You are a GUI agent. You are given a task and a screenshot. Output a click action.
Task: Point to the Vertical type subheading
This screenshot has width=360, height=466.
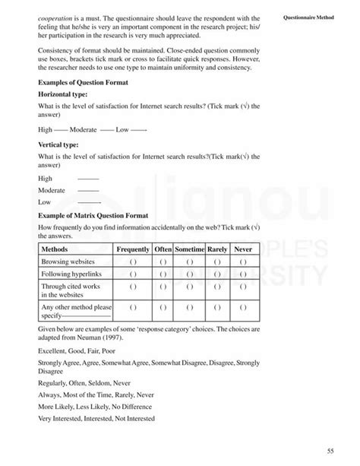coord(59,143)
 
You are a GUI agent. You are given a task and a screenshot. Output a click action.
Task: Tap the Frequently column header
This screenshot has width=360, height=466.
coord(132,249)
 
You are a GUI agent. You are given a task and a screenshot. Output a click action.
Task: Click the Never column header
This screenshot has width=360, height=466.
coord(243,249)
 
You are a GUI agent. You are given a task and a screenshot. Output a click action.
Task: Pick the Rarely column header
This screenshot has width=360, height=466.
coord(217,249)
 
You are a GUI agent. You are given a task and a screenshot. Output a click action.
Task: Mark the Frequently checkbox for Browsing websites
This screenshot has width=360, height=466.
coord(132,261)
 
